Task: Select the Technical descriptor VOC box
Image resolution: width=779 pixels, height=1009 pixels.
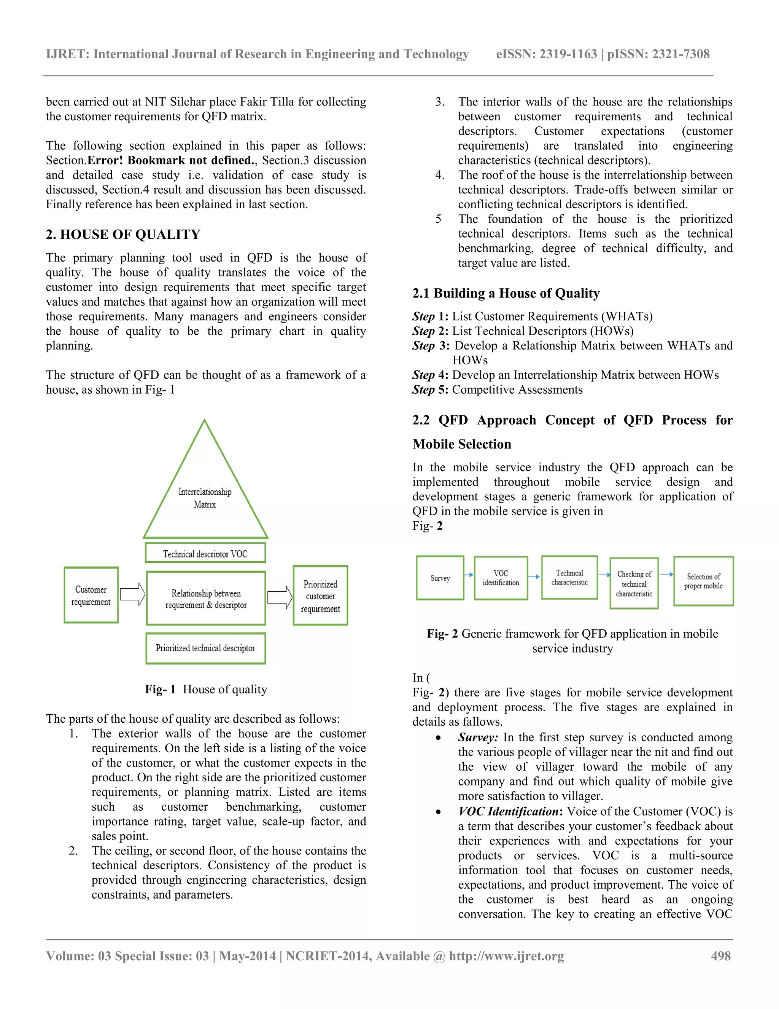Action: [205, 553]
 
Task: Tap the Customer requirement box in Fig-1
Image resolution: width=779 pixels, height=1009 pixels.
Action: [91, 595]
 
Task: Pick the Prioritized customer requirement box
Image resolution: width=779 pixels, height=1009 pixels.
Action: [320, 596]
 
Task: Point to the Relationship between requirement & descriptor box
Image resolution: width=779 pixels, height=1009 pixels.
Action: [206, 599]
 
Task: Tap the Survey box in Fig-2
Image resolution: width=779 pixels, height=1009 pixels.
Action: [440, 578]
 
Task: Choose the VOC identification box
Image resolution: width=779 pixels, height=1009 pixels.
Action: [501, 578]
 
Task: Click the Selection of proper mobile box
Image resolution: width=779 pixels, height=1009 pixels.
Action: [703, 581]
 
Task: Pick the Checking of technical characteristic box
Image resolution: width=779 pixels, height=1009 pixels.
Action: [634, 583]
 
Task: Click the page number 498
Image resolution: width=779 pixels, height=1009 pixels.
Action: [721, 956]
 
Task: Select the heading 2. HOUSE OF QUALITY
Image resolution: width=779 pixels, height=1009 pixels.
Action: [123, 235]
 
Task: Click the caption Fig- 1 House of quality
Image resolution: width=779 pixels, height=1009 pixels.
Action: [206, 689]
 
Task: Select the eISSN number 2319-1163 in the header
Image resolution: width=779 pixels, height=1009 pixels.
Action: [568, 54]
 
